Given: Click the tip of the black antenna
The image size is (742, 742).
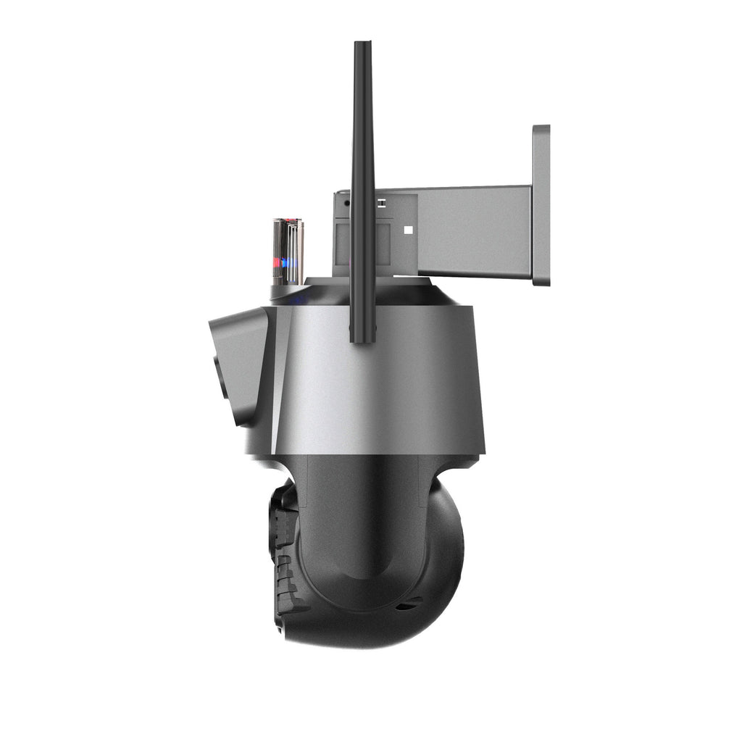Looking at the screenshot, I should coord(362,45).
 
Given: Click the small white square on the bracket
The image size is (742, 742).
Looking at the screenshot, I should coord(408,230).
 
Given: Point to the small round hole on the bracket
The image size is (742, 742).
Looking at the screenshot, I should coord(347,204).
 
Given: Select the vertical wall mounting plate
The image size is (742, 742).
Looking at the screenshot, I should coord(541,205).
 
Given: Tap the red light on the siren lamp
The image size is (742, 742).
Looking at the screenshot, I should coord(276,262).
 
